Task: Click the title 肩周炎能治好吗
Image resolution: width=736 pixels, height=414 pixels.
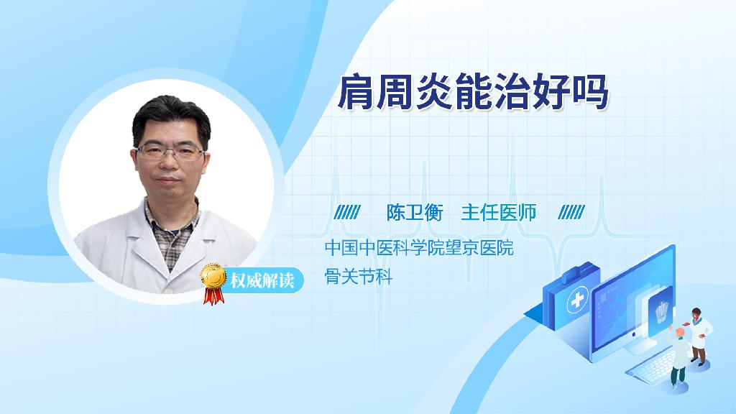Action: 473,92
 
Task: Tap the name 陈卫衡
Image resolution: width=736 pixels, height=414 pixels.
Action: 415,213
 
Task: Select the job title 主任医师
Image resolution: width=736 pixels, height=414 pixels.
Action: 499,213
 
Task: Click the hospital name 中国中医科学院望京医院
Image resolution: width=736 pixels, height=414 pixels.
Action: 419,247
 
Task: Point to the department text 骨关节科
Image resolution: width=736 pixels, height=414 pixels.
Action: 358,277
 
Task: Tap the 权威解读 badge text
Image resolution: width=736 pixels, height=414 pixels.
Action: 262,281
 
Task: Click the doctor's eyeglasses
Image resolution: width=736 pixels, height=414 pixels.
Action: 170,152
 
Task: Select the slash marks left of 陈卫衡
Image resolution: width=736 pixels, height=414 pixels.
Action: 347,212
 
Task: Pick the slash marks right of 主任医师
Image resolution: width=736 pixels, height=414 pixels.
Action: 571,212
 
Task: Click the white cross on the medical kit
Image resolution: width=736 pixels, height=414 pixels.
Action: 577,300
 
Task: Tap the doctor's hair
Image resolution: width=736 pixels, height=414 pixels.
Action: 171,117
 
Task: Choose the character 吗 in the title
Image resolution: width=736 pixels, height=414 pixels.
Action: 591,92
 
